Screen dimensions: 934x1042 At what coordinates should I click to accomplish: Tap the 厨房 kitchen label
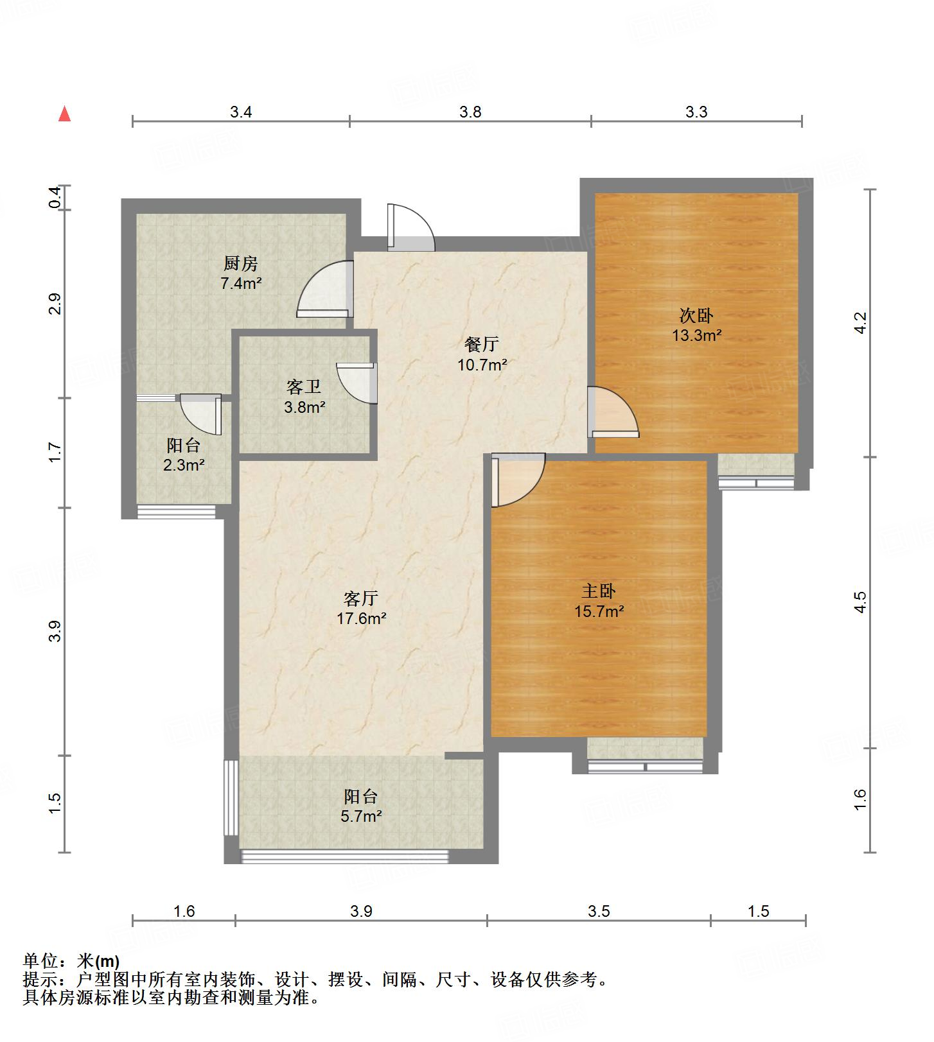pyautogui.click(x=241, y=263)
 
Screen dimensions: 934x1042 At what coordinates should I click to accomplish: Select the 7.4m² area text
pyautogui.click(x=241, y=282)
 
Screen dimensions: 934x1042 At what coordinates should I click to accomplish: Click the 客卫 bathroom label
pyautogui.click(x=304, y=386)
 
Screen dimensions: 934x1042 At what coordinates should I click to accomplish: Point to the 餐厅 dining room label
pyautogui.click(x=482, y=344)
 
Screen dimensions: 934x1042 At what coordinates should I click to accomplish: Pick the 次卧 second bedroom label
pyautogui.click(x=697, y=315)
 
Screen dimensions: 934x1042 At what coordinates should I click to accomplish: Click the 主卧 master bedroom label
pyautogui.click(x=599, y=591)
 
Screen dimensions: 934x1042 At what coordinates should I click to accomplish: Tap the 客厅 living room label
pyautogui.click(x=361, y=598)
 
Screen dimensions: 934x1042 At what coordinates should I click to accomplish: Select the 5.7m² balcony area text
pyautogui.click(x=361, y=817)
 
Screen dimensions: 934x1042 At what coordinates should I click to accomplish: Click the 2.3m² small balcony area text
pyautogui.click(x=184, y=465)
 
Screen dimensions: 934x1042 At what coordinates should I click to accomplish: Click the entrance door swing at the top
pyautogui.click(x=411, y=227)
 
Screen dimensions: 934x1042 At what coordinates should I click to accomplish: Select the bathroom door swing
pyautogui.click(x=356, y=383)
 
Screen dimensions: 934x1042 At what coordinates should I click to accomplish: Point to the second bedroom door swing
pyautogui.click(x=613, y=412)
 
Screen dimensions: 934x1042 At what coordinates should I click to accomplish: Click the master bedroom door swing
pyautogui.click(x=518, y=480)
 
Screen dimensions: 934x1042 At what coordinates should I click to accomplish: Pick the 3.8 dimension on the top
pyautogui.click(x=470, y=112)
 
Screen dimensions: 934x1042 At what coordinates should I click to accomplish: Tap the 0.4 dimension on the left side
pyautogui.click(x=56, y=198)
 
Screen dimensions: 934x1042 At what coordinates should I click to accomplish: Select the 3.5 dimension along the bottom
pyautogui.click(x=599, y=911)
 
